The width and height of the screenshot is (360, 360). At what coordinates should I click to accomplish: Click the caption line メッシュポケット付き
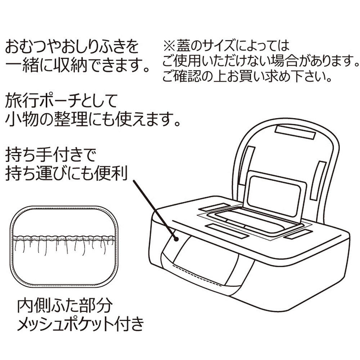[x=81, y=325]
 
